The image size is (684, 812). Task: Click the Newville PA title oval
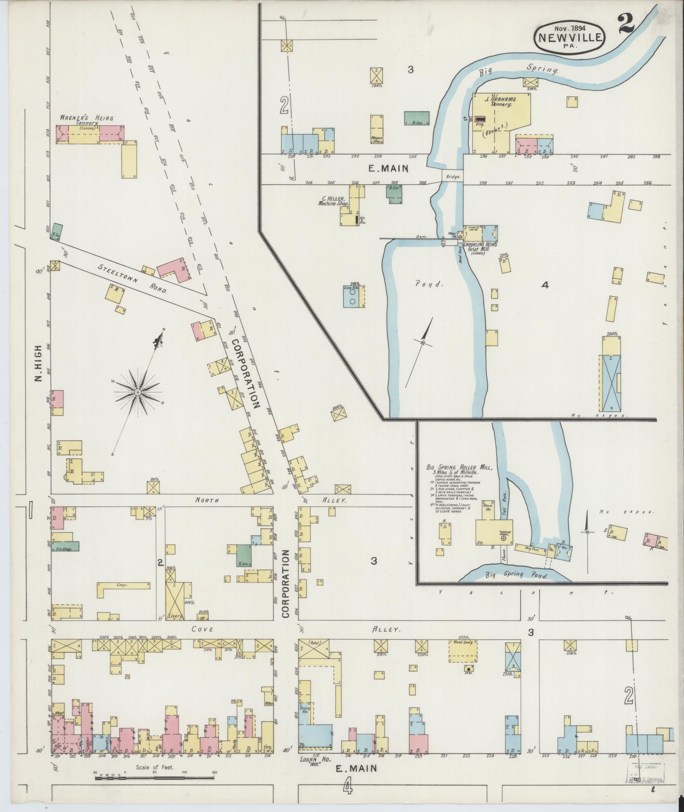pyautogui.click(x=571, y=38)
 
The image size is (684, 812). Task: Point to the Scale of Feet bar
pyautogui.click(x=155, y=778)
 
